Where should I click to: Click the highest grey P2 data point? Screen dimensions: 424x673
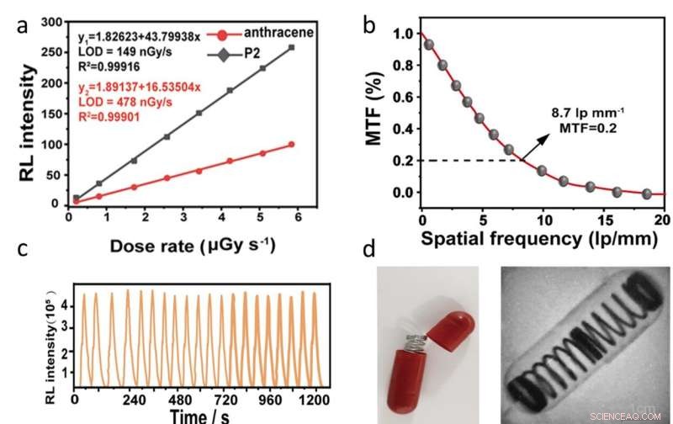point(291,47)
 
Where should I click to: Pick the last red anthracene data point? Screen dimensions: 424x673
point(291,145)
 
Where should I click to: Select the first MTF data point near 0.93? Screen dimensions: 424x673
point(429,45)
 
